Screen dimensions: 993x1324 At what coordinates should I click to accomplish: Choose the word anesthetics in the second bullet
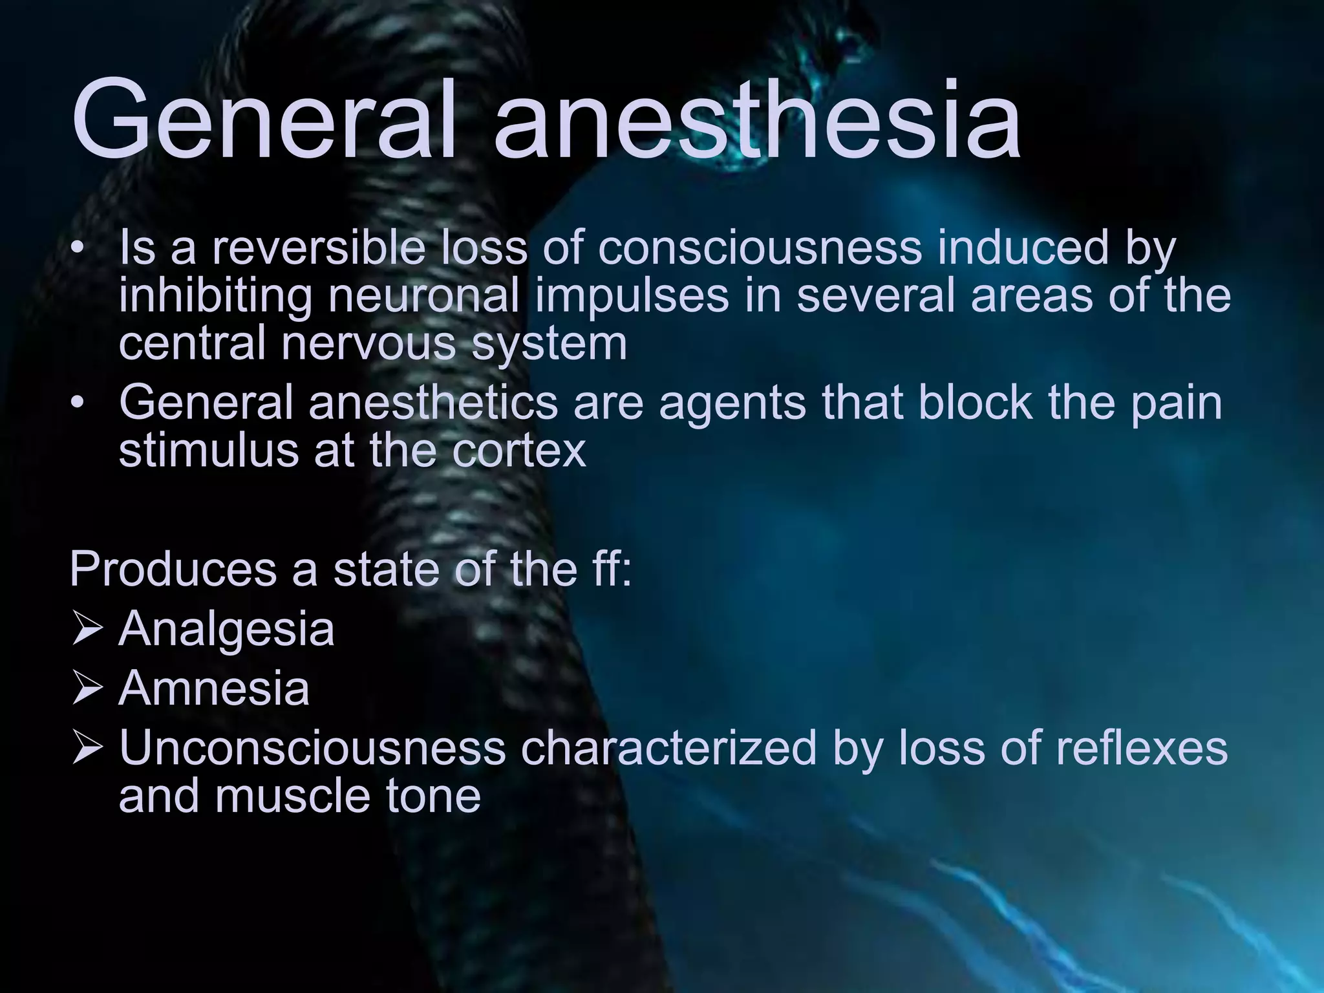[433, 402]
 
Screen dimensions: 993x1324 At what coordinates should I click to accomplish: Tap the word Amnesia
[214, 689]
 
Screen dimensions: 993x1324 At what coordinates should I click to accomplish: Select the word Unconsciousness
[312, 747]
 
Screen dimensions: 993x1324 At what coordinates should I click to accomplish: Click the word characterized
[667, 747]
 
